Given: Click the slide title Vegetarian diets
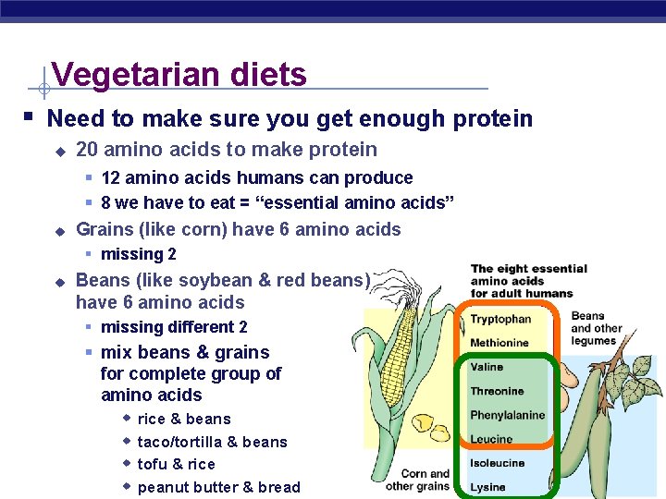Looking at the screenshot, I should tap(179, 74).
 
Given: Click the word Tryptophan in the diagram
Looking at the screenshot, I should tap(500, 320).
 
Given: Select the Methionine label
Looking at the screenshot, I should tap(499, 343).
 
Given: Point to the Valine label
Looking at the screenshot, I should tap(487, 367).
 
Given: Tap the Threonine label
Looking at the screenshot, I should tap(497, 391).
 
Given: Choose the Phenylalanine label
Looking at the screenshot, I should tap(507, 415).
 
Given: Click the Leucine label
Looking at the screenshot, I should tap(491, 439).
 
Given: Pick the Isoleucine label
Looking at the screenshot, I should tap(497, 463).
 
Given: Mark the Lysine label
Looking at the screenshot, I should tap(487, 487).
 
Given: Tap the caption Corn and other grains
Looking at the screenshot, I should tap(417, 480).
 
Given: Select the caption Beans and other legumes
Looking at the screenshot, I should tap(597, 328).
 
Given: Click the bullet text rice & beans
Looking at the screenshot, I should tap(184, 419).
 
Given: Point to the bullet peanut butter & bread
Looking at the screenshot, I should tap(218, 487).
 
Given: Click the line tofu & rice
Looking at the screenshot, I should tap(176, 464).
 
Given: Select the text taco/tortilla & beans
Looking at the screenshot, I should tap(212, 442).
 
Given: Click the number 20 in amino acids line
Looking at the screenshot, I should tap(87, 150).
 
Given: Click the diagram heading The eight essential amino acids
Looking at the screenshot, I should tap(528, 281).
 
